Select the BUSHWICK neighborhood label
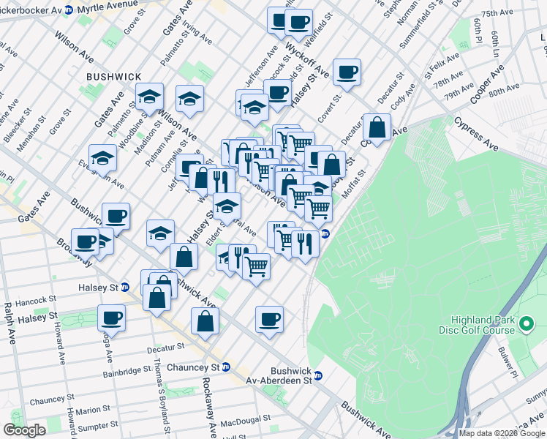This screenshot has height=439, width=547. point(109,76)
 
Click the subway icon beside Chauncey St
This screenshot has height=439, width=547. point(226,367)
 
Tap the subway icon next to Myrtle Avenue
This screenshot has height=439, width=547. point(68,10)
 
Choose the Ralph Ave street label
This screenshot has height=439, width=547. point(9,325)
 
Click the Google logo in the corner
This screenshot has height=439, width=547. point(24,429)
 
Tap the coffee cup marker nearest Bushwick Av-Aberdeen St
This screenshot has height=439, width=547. point(269,319)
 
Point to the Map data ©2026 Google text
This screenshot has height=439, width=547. point(502,433)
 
